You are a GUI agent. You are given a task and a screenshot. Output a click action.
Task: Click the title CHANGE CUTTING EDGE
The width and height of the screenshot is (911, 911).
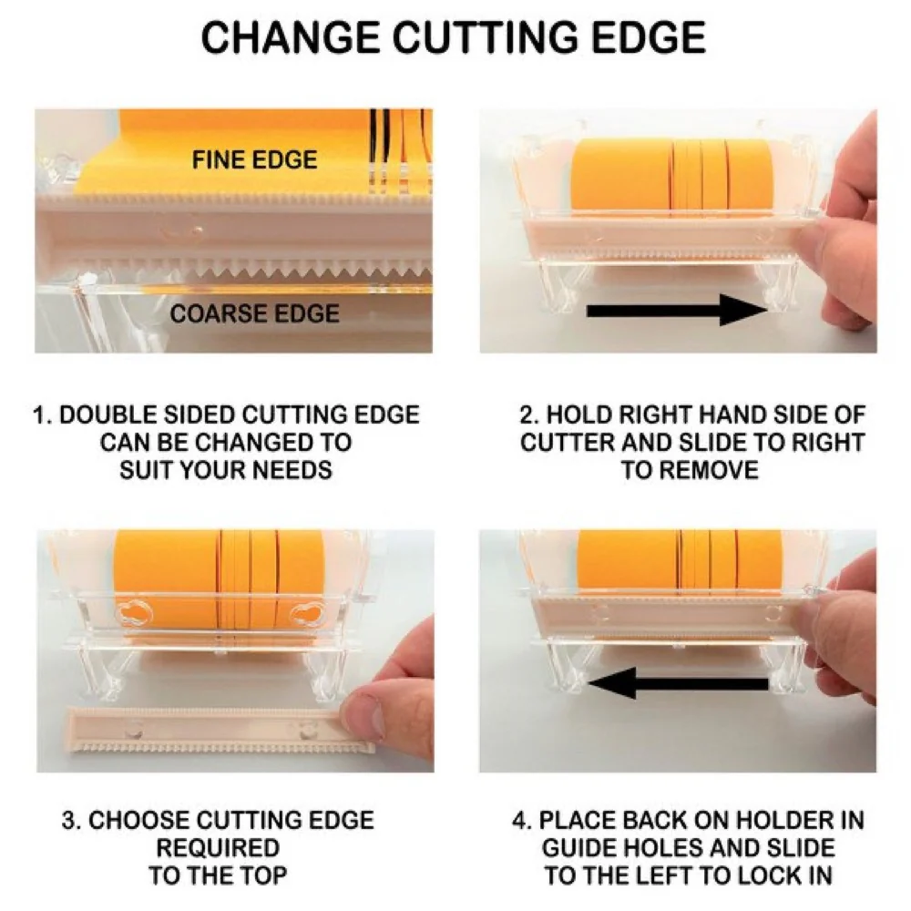coord(453,37)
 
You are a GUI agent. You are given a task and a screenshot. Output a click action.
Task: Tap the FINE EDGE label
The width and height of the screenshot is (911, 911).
coord(254,159)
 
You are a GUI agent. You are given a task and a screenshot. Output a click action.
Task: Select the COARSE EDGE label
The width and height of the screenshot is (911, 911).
coord(254,313)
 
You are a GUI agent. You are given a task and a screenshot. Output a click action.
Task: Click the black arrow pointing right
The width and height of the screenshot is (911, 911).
coord(678,311)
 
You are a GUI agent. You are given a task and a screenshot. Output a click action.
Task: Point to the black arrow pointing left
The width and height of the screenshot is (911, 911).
coord(678,682)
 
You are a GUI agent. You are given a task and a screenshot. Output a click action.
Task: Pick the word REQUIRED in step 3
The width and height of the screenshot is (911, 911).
coord(218,847)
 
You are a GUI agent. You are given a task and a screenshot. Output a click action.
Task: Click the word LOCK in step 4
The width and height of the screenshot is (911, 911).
coord(754,875)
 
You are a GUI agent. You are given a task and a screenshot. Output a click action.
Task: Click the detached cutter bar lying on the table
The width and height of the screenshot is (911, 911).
coord(220,730)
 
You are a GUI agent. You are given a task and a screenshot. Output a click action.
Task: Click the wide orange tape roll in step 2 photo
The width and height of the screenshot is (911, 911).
coord(621,176)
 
